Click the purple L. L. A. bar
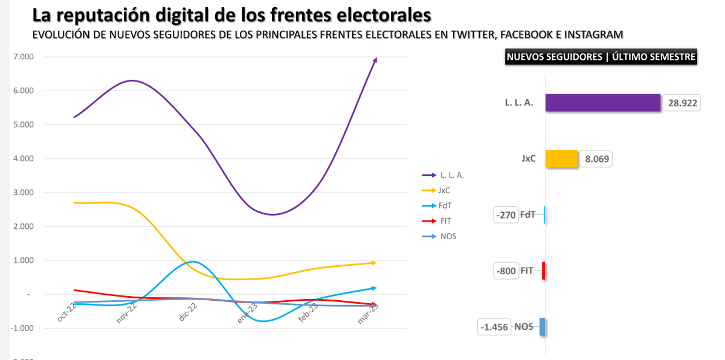602,103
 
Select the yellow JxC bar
561,159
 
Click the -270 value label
506,214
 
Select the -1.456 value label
494,327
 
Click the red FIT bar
544,271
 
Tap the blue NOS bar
543,327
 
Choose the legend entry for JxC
444,190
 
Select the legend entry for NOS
447,236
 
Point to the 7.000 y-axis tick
22,57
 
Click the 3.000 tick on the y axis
22,193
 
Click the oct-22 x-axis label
66,313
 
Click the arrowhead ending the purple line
375,59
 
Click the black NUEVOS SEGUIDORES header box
601,57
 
